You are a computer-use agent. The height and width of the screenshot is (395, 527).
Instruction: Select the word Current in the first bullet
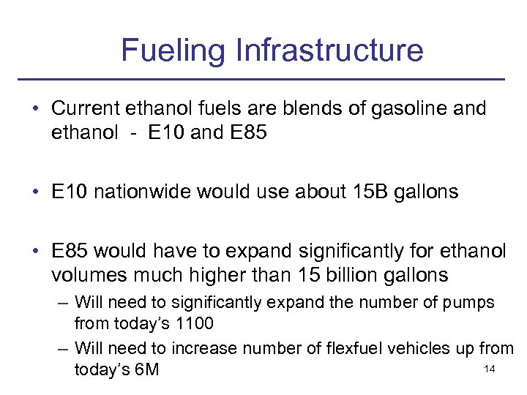pos(87,108)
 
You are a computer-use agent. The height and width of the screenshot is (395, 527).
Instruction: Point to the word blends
pos(284,108)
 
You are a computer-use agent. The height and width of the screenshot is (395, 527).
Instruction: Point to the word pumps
pos(469,302)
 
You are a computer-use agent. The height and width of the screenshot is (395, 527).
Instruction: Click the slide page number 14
pos(490,370)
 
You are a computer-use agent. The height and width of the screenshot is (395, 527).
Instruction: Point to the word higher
pos(220,276)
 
